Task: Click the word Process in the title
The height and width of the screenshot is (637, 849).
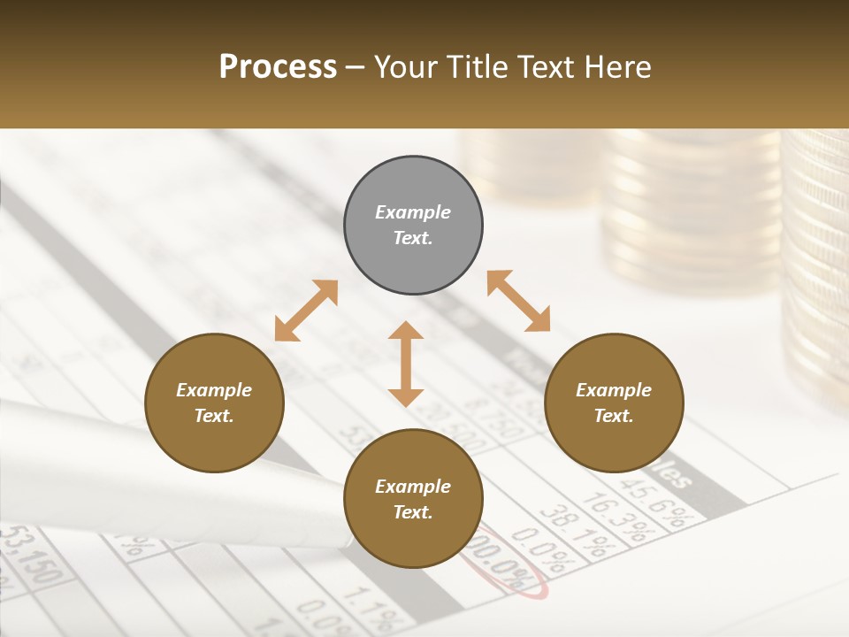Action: (278, 66)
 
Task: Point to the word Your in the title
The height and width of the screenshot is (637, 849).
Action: (403, 66)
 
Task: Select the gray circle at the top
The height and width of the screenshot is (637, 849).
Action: (413, 226)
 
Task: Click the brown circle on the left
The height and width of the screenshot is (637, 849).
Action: (214, 403)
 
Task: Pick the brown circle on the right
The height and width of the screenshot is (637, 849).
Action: (614, 403)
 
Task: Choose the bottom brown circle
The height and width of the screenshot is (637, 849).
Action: (413, 498)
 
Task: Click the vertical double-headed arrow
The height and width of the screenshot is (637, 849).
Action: (406, 364)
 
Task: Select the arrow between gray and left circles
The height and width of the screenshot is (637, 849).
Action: (306, 311)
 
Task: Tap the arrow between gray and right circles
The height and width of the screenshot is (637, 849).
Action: (519, 301)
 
